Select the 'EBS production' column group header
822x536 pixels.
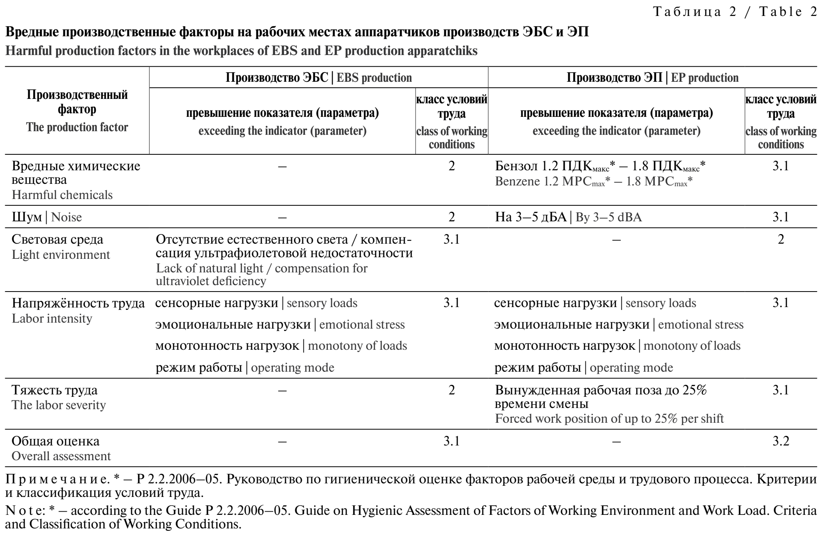[319, 77]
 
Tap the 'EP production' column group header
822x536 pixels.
[652, 77]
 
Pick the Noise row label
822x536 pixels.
[47, 217]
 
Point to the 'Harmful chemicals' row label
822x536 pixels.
[62, 195]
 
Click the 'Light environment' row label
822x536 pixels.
[61, 254]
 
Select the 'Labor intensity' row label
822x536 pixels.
[52, 318]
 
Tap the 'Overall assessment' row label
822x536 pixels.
[61, 456]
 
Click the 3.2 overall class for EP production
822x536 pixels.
[781, 441]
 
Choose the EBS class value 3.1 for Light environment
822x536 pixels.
[451, 240]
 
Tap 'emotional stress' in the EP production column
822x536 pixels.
[700, 325]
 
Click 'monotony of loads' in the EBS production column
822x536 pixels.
[357, 345]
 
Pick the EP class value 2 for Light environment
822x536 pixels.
[781, 240]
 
